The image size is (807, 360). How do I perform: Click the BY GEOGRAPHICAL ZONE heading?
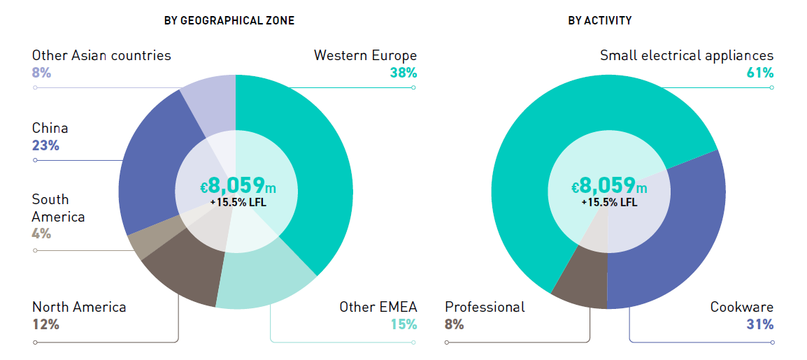(229, 21)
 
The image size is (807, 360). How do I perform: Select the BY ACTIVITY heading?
(599, 21)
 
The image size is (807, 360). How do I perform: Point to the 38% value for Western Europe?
(403, 73)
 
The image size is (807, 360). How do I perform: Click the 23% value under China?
(45, 145)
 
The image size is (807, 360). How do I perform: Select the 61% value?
(760, 73)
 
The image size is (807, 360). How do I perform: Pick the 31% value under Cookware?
(760, 324)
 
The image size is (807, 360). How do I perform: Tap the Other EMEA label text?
(378, 307)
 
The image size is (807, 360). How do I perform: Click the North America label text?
(79, 307)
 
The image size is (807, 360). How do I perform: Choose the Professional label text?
(485, 307)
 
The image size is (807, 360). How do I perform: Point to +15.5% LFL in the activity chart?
(609, 203)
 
